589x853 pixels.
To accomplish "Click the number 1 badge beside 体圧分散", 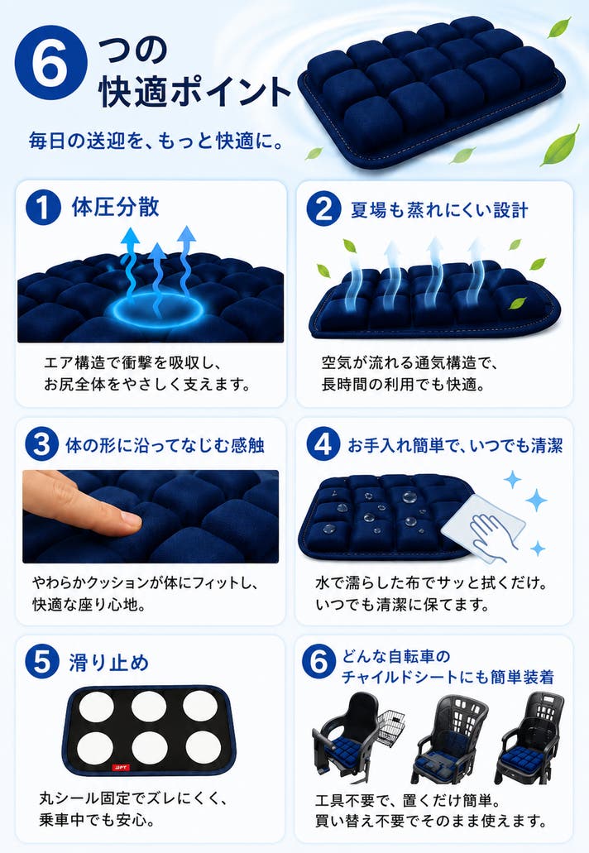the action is (43, 207).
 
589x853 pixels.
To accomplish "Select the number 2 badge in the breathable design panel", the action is (323, 208).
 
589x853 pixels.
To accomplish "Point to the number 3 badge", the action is (42, 444).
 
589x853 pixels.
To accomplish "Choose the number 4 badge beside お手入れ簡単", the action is (323, 444).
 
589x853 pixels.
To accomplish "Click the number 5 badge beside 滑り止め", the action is (42, 662).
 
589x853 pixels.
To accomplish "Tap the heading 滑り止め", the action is (108, 663).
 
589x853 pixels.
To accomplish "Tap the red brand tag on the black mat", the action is (122, 767).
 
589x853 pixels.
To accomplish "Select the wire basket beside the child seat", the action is (390, 727).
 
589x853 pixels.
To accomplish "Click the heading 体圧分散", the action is (116, 208).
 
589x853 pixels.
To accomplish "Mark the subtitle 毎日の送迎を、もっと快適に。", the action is (156, 141).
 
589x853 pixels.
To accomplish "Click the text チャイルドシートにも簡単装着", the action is (448, 678).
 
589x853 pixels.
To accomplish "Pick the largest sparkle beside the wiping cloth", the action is (536, 500).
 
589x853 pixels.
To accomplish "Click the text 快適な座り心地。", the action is (89, 605).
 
